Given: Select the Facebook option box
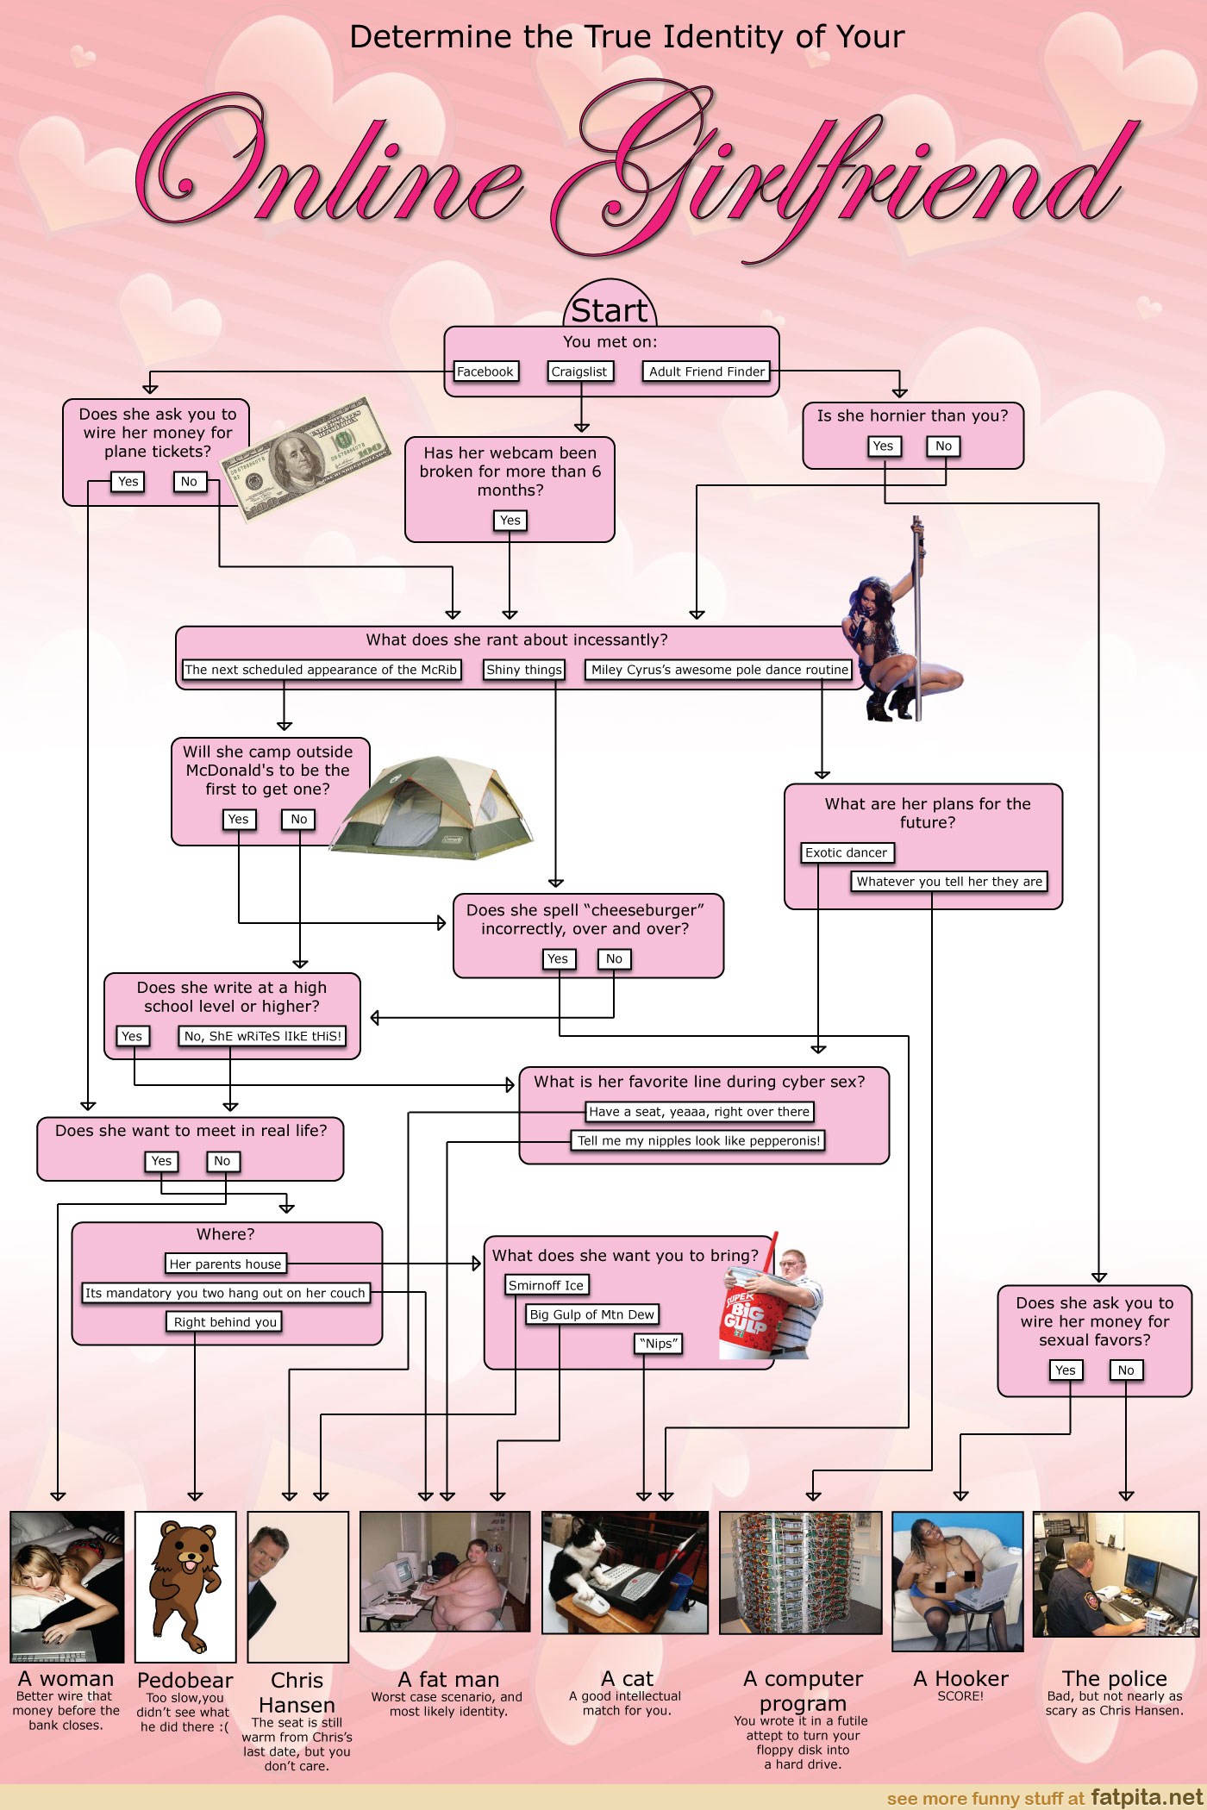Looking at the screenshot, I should pos(485,371).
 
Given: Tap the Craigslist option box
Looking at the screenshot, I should pos(579,371).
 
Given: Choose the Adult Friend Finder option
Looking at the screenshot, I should pos(706,371).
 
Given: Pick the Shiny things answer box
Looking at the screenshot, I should pos(523,670).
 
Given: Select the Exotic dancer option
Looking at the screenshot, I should pos(846,852).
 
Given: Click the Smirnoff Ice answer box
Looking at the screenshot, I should pos(546,1285).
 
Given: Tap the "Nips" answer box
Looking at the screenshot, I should pos(658,1343).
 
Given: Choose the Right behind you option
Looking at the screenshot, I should pos(225,1322).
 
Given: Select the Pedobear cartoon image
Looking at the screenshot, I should pos(185,1587).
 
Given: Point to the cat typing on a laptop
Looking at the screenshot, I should pos(624,1573).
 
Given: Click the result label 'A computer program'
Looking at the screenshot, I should pos(802,1691).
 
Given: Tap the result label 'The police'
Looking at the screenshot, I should pos(1114,1678).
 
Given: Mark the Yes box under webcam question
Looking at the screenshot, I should pos(510,520).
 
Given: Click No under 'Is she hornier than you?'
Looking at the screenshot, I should pos(943,446).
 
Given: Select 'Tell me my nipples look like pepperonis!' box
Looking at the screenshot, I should pos(698,1140).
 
